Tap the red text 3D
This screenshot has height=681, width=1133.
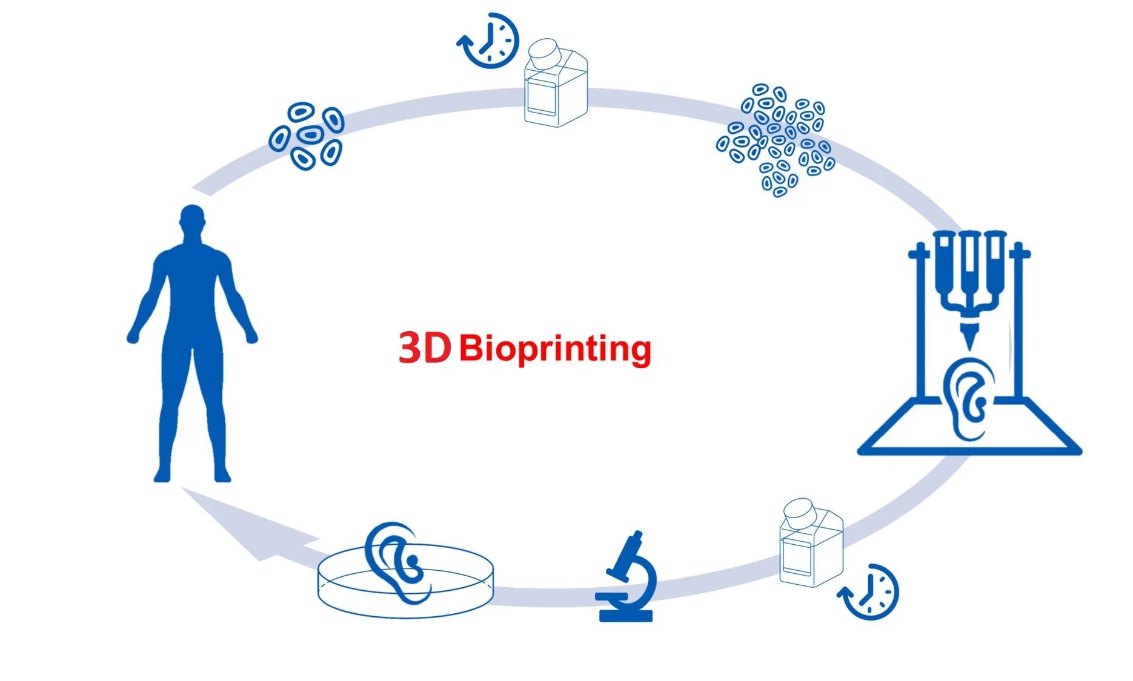pyautogui.click(x=425, y=348)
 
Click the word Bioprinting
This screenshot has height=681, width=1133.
pyautogui.click(x=555, y=349)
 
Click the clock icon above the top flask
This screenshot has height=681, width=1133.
pyautogui.click(x=488, y=40)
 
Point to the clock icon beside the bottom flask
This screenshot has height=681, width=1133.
pyautogui.click(x=869, y=592)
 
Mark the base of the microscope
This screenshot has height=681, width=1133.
pyautogui.click(x=626, y=616)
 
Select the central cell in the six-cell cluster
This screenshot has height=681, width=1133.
pyautogui.click(x=310, y=134)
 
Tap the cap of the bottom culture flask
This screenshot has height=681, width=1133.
pyautogui.click(x=804, y=512)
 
